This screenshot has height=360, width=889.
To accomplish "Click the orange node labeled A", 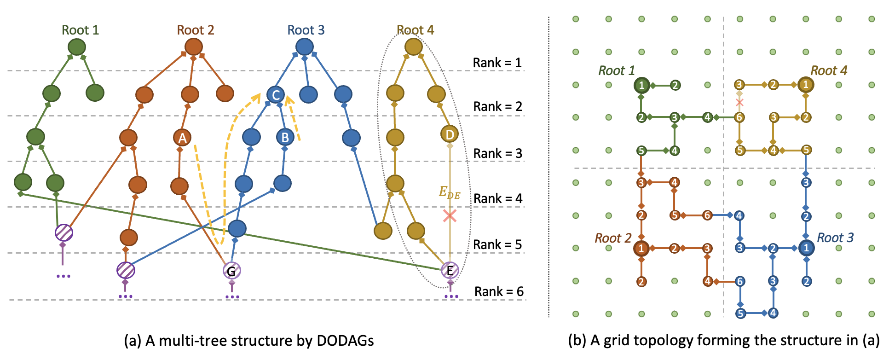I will point(182,138).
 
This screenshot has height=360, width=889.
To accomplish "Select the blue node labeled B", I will point(285,137).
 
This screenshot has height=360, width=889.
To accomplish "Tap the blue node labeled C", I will point(276,95).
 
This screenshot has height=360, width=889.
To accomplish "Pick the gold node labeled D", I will point(450,134).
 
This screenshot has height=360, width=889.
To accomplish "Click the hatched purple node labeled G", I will point(231,271).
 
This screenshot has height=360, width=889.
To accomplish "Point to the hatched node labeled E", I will point(450,271).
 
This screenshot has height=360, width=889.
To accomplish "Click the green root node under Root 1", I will point(76,47).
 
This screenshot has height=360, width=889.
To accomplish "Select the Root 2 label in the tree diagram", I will point(196,30).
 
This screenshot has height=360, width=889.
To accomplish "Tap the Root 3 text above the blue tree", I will point(306,30).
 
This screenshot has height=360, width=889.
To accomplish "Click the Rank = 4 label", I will point(498,198).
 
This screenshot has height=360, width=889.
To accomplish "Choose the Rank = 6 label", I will point(499,291).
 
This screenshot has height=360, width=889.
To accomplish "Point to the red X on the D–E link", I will point(450,215).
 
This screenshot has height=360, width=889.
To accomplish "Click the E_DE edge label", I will point(449,192).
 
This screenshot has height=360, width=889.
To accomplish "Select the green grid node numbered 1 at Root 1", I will point(641,85).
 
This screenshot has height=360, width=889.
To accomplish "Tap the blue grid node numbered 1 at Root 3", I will point(806,248).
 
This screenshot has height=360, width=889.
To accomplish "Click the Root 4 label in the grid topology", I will point(828,71).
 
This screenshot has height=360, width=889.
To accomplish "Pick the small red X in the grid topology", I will point(739,102).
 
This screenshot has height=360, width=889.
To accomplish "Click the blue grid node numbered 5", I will point(740,314).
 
